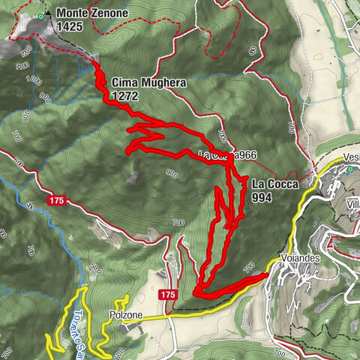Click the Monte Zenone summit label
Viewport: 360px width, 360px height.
(x=92, y=13)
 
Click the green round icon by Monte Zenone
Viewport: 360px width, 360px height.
(x=40, y=15)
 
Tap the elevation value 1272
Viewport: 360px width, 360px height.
(x=124, y=96)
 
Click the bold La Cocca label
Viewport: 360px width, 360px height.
(x=274, y=183)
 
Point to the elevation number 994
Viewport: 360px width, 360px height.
(x=262, y=199)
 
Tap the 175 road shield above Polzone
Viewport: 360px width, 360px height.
(x=167, y=295)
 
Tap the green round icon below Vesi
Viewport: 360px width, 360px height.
(x=351, y=169)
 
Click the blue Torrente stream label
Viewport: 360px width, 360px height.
(x=79, y=328)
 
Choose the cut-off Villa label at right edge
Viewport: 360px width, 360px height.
(x=352, y=204)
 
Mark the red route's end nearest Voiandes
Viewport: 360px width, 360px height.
(x=266, y=275)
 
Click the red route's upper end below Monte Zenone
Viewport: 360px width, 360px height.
(x=96, y=64)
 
